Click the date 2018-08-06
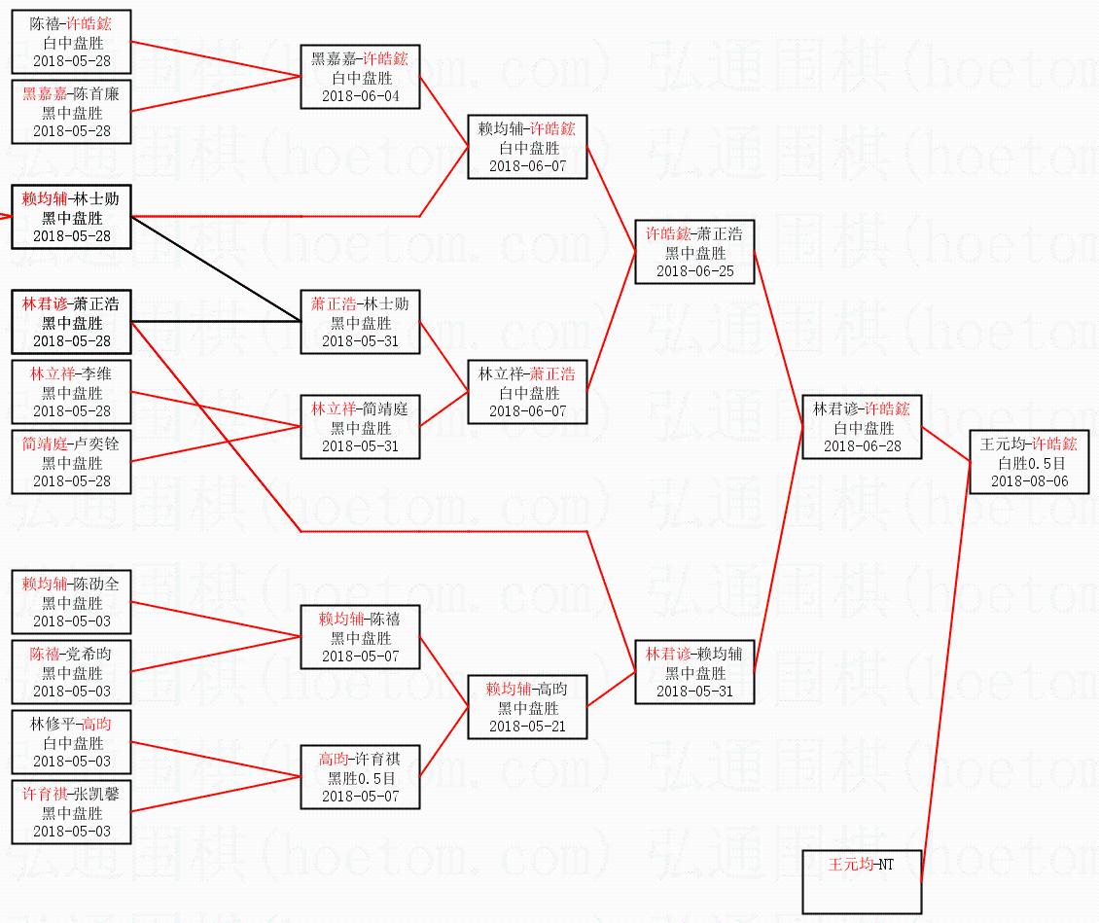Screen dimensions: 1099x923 coord(1029,480)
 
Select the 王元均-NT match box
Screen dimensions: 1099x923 coord(862,881)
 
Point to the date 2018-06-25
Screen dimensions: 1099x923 coord(694,270)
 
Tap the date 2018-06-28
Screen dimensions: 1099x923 coord(862,445)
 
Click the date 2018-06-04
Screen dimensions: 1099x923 coord(360,95)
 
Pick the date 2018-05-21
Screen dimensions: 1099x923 coord(527,726)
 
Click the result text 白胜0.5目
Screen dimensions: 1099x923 coord(1029,463)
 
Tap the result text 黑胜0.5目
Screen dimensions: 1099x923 coord(360,778)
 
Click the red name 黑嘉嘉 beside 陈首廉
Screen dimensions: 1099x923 coord(45,93)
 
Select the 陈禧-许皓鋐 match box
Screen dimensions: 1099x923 coord(71,41)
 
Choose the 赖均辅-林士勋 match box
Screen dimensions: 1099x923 coord(71,217)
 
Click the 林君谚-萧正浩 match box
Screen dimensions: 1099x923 coord(71,322)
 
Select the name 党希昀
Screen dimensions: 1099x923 coord(91,654)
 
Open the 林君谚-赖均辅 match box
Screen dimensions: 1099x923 coord(694,671)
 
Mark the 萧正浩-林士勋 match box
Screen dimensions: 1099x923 coord(360,322)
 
